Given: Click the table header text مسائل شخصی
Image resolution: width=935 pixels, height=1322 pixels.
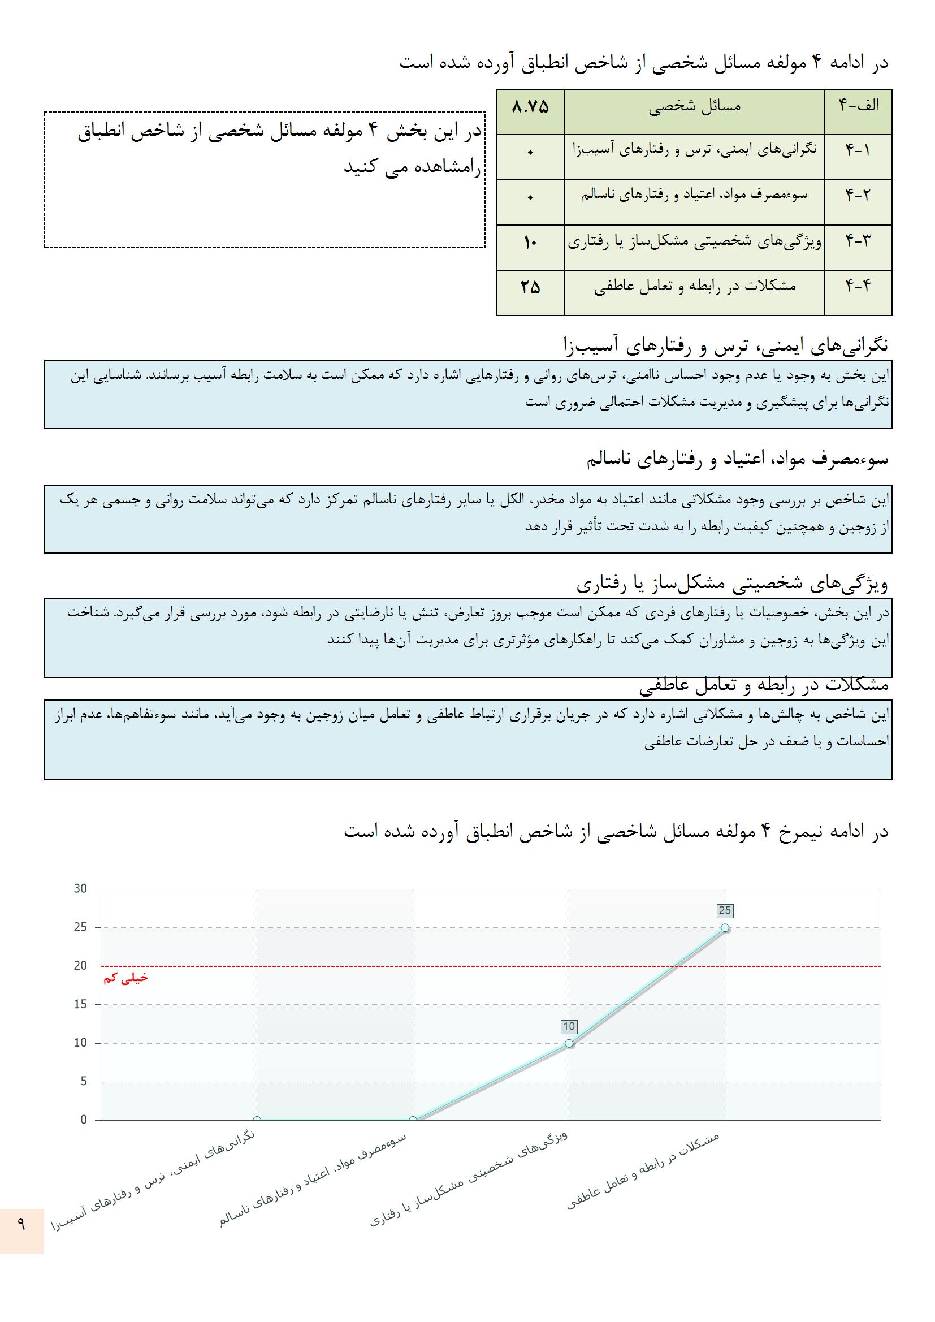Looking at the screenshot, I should click(694, 106).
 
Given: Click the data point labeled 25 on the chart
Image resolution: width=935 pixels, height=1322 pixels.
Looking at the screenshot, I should click(725, 927).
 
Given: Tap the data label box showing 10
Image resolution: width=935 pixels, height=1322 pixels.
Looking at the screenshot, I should click(569, 1026).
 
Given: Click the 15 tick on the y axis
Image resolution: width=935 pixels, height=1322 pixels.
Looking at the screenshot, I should click(81, 1004).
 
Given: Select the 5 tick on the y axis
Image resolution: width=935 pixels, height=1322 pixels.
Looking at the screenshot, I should click(84, 1081).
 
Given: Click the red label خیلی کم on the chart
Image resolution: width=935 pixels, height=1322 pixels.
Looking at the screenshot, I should click(125, 978).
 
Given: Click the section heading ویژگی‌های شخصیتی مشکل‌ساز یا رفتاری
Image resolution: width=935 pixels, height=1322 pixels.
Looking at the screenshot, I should click(732, 585).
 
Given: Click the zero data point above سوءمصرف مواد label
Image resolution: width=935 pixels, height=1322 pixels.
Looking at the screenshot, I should click(413, 1120).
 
